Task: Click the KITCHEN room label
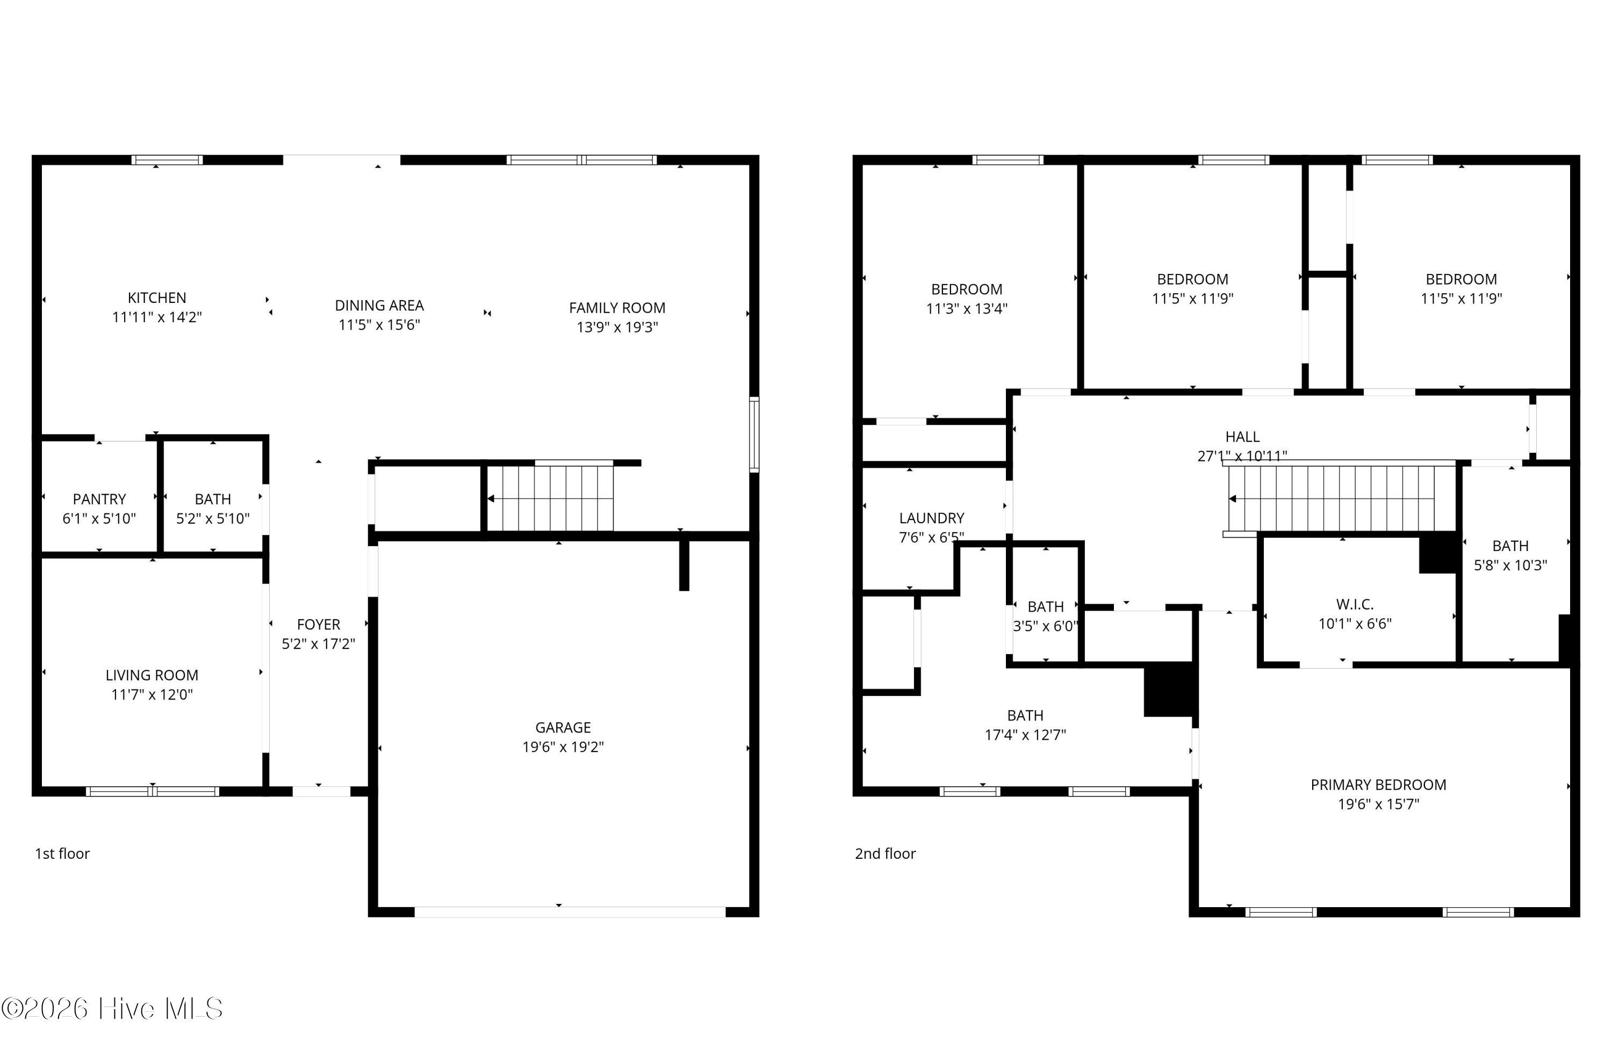[x=156, y=298]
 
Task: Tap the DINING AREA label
[x=379, y=306]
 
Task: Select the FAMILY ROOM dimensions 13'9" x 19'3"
[x=617, y=327]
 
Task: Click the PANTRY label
[x=99, y=499]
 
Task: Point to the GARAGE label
[x=563, y=727]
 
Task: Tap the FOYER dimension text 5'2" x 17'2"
[x=318, y=643]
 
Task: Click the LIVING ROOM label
[x=152, y=675]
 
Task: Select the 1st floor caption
[x=62, y=853]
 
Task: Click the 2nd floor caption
[x=885, y=853]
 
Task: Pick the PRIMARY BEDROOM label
[x=1378, y=785]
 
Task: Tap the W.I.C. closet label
[x=1355, y=604]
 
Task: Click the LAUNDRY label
[x=931, y=518]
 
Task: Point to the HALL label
[x=1242, y=437]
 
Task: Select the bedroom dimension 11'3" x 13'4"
[x=967, y=308]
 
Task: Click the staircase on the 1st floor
[x=550, y=498]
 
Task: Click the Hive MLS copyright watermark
[x=112, y=1009]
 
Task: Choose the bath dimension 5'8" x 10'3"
[x=1510, y=564]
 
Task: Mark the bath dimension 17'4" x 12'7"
[x=1025, y=735]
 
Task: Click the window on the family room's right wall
[x=754, y=434]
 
